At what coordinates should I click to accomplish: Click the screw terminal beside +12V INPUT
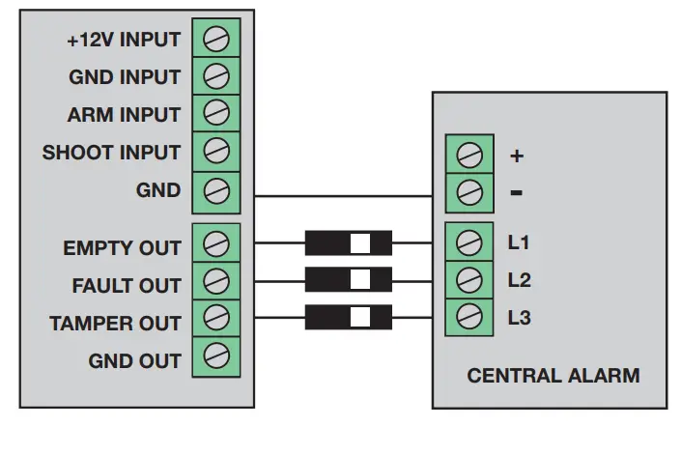click(x=215, y=39)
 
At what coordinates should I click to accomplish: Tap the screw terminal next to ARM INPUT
click(x=215, y=113)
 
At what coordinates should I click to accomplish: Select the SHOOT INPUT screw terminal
click(x=215, y=151)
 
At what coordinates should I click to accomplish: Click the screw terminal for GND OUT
click(x=215, y=355)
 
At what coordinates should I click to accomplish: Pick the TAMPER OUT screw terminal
click(x=215, y=318)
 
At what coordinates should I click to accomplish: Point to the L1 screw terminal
click(x=469, y=242)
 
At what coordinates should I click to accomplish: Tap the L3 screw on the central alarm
click(x=469, y=316)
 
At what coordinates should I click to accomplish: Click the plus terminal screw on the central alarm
click(x=469, y=155)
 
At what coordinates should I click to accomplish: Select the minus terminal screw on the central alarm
click(x=469, y=192)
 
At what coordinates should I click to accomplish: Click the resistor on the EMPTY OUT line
click(x=349, y=242)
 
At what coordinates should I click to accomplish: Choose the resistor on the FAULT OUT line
click(x=349, y=279)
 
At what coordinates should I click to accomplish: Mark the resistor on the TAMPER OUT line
click(x=349, y=317)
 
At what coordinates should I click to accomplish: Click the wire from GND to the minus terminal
click(x=343, y=196)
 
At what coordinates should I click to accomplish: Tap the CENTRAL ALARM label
click(x=553, y=376)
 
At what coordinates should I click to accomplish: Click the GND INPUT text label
click(x=125, y=77)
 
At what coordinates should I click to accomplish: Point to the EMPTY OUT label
click(x=122, y=248)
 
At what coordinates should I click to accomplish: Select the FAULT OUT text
click(x=127, y=286)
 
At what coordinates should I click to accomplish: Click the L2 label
click(x=520, y=280)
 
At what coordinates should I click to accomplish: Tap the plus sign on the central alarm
click(x=517, y=156)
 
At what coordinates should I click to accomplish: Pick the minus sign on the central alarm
click(x=517, y=192)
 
